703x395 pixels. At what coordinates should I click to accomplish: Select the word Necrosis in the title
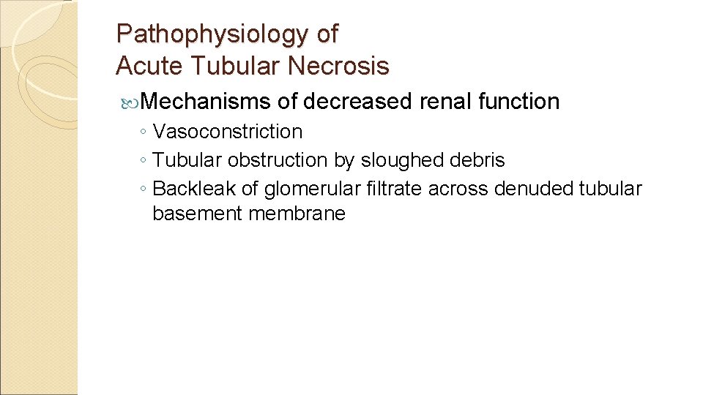coord(338,67)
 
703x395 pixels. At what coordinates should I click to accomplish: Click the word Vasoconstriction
coord(228,132)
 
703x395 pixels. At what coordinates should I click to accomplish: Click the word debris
coord(479,159)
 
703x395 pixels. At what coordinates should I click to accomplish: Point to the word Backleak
coord(194,189)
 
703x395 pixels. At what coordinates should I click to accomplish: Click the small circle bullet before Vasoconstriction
coord(145,132)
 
